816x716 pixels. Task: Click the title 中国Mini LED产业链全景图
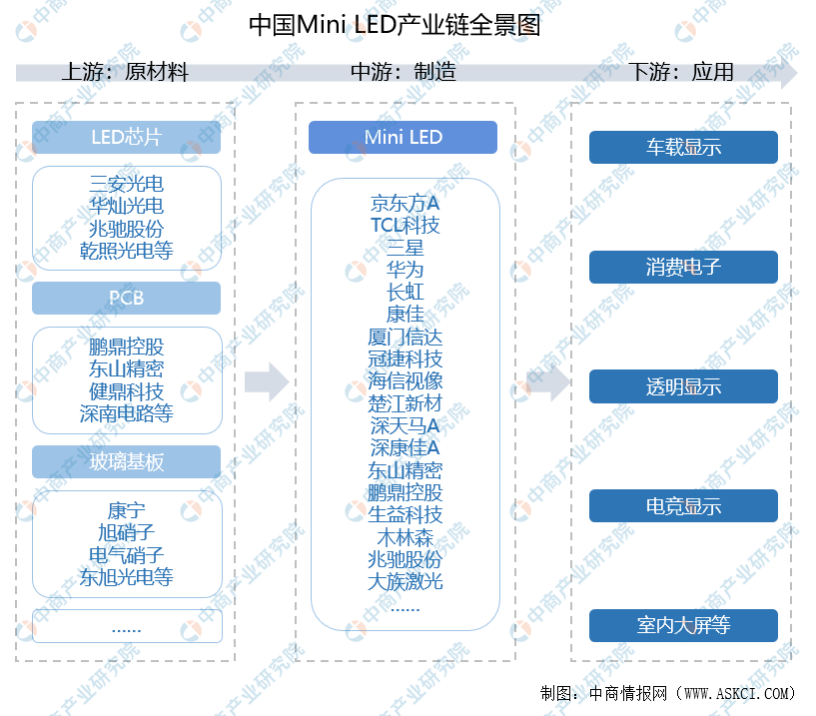click(395, 24)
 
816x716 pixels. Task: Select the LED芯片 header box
click(126, 137)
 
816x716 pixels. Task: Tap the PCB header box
click(126, 298)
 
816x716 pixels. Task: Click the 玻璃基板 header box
click(126, 461)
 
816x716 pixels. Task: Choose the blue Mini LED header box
click(403, 137)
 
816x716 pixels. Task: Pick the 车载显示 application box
click(683, 148)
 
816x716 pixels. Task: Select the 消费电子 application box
click(683, 267)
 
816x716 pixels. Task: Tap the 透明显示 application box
click(683, 386)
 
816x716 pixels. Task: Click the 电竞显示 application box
click(683, 506)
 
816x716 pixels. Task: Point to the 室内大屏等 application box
click(683, 626)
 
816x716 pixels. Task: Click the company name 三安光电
click(126, 185)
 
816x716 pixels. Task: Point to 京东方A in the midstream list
click(405, 203)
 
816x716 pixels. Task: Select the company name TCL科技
click(405, 225)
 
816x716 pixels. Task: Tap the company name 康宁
click(126, 511)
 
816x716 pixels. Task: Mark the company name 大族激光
click(405, 581)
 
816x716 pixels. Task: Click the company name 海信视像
click(405, 381)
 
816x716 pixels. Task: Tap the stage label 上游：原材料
click(125, 72)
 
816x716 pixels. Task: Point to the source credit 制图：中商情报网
click(667, 693)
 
